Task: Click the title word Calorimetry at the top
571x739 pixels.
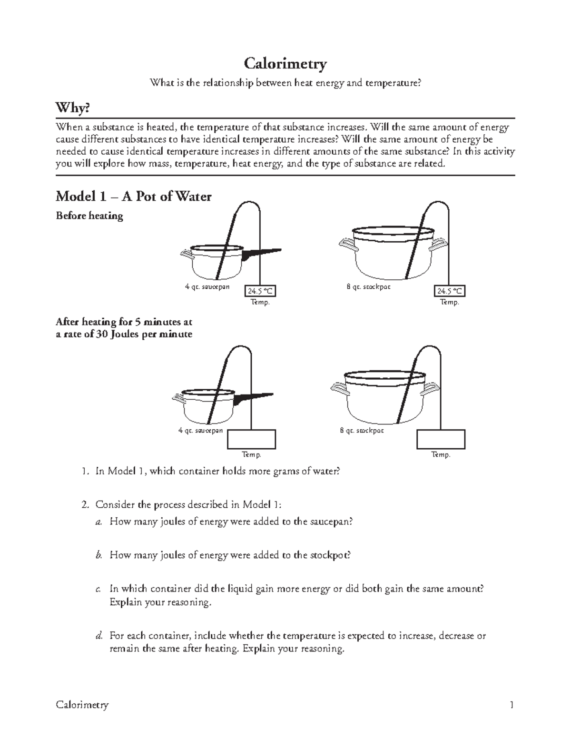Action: coord(285,63)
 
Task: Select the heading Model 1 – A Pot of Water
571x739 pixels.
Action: coord(133,196)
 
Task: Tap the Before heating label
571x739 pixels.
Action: coord(89,216)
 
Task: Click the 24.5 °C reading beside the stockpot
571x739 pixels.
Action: coord(450,291)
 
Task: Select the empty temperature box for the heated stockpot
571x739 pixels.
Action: coord(441,439)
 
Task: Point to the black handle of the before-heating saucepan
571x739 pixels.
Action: coord(261,254)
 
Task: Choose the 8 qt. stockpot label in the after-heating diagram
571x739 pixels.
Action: coord(362,430)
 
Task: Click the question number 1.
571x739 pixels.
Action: coord(84,472)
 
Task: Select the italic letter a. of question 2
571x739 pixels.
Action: coord(98,522)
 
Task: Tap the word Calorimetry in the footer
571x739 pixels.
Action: coord(82,705)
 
